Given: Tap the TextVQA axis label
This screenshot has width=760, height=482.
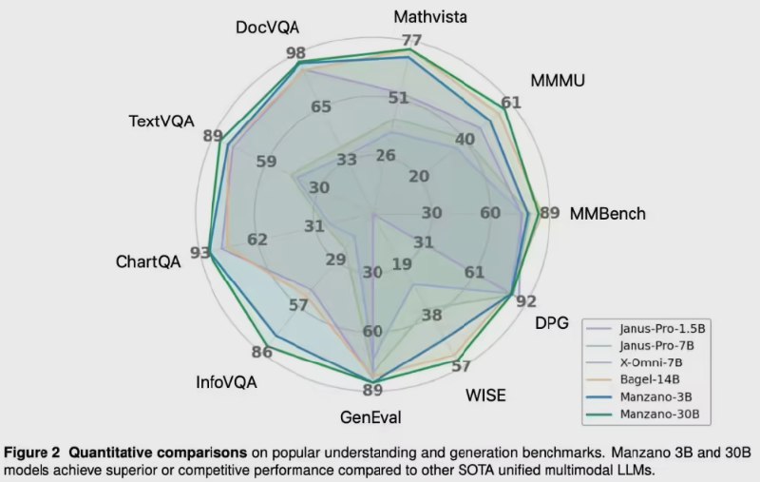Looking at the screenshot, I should tap(161, 121).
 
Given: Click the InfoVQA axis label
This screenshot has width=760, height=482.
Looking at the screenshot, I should tap(226, 381).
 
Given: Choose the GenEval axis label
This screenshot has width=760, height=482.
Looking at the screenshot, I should tap(370, 416).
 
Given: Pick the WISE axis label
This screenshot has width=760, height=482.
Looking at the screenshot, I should tap(485, 395).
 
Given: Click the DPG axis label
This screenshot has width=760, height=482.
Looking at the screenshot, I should tap(551, 323).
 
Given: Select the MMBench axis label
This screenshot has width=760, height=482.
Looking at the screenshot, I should tap(607, 214).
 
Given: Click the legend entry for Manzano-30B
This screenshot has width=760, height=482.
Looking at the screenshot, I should tap(663, 415).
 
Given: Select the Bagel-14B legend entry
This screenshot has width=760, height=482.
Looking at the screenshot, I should tap(655, 379).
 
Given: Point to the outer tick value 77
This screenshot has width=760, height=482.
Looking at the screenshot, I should tap(410, 40).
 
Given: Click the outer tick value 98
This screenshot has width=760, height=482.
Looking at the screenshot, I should tap(294, 52).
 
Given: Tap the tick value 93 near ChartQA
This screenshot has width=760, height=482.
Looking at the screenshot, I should tap(199, 253).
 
